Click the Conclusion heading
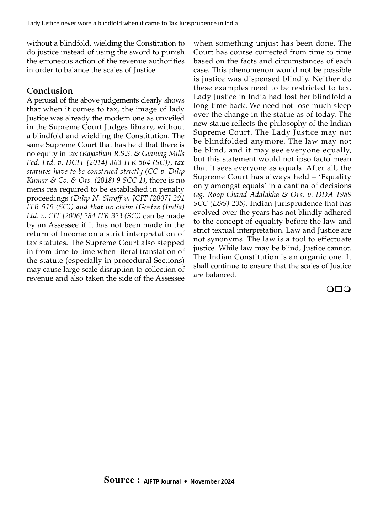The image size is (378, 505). (x=49, y=91)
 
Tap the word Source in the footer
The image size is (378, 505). (x=119, y=480)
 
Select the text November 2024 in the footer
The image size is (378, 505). (x=212, y=481)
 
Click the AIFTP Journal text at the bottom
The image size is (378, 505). (x=162, y=481)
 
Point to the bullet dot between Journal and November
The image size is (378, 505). (x=185, y=481)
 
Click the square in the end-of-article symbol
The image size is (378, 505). (x=339, y=289)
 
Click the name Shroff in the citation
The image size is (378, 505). (x=113, y=198)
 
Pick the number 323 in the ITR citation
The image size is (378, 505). (x=115, y=216)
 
